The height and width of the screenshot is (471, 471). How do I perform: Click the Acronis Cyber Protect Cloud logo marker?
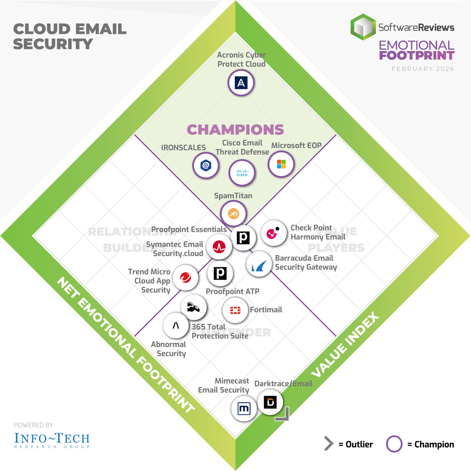[x=241, y=83]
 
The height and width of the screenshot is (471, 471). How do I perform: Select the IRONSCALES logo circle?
[x=206, y=166]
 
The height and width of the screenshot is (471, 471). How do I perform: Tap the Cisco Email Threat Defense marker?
[x=242, y=173]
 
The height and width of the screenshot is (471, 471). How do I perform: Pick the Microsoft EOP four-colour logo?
[x=281, y=164]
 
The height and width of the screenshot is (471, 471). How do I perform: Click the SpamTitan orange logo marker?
[x=233, y=214]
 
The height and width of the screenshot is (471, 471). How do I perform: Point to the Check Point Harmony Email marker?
[x=274, y=233]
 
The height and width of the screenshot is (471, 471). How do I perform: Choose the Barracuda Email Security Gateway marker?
[x=258, y=264]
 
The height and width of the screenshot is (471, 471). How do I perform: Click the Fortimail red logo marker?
[x=235, y=310]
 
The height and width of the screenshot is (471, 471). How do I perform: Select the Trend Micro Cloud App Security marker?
[x=185, y=278]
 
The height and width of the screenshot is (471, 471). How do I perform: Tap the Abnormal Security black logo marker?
[x=176, y=326]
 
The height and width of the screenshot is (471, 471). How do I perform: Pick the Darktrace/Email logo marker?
[x=270, y=402]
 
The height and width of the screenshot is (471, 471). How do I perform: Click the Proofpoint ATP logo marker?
[x=220, y=273]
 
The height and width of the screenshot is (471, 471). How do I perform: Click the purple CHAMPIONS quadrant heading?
[x=235, y=129]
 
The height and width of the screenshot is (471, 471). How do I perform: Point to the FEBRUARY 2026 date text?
[x=423, y=69]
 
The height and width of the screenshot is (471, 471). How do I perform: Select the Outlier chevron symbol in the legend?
[x=328, y=444]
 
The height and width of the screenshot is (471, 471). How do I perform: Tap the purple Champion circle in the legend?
[x=394, y=444]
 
